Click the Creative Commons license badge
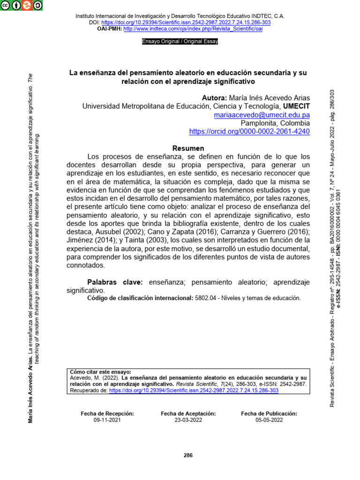(21, 6)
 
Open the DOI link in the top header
(186, 22)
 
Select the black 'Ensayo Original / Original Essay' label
(180, 41)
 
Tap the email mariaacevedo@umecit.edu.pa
(262, 115)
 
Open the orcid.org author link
(249, 132)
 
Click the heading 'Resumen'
(188, 148)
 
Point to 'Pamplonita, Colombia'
(275, 123)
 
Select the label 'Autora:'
(214, 98)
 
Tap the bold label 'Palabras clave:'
(116, 282)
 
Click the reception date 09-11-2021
(107, 420)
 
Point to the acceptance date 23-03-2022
(188, 420)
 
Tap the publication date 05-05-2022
(269, 420)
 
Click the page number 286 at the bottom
(188, 456)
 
